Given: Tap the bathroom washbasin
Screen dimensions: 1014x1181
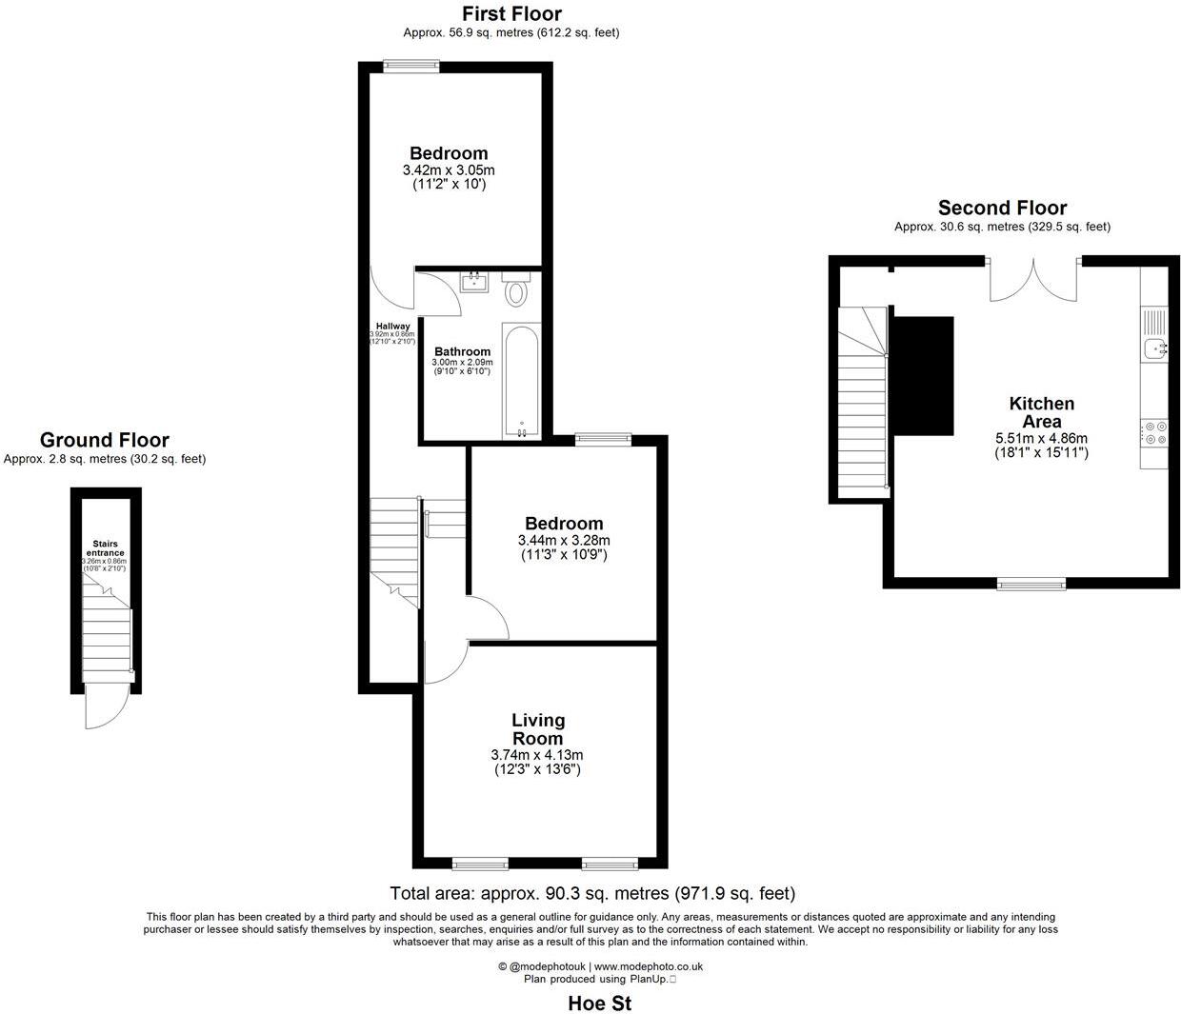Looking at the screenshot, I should [x=473, y=282].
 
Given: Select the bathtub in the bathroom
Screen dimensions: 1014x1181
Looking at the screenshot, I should [x=521, y=383].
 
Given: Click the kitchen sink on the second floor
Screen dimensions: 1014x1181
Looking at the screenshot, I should [x=1155, y=349].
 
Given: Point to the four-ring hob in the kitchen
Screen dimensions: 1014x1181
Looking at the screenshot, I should [x=1154, y=433].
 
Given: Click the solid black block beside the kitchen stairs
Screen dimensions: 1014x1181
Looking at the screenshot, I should [x=923, y=376].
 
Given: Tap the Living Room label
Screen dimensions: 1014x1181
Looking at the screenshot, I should [x=538, y=729].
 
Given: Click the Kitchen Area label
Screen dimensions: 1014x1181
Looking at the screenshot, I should [x=1041, y=412].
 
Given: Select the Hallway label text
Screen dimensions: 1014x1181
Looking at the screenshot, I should [x=392, y=327].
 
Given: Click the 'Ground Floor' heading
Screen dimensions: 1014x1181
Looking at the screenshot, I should [x=104, y=440].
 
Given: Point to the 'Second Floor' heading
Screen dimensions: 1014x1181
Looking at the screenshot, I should [x=1002, y=208].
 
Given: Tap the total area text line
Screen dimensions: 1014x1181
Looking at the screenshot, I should [x=591, y=893].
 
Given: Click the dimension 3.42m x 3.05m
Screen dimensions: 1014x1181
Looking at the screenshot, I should [x=449, y=170].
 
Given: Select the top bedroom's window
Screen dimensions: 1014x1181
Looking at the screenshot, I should [x=410, y=66].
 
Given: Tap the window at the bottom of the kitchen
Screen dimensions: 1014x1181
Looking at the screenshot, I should [x=1031, y=583].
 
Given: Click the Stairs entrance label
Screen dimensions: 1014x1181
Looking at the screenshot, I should [x=105, y=548].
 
